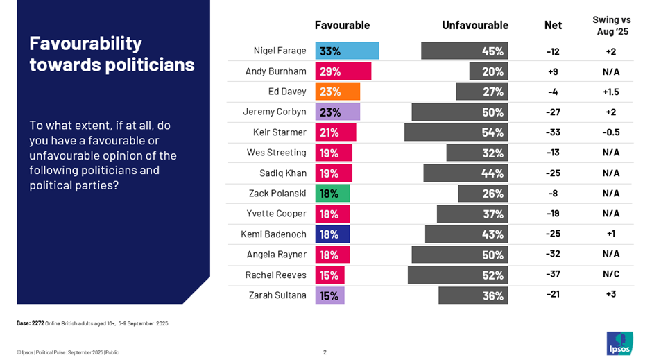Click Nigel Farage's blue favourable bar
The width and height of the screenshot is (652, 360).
(347, 51)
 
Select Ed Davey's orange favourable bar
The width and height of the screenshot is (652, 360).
(338, 92)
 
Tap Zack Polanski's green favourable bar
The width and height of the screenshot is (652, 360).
(333, 194)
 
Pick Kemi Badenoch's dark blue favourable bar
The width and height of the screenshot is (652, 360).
(333, 234)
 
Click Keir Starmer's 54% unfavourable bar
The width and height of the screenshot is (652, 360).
(456, 132)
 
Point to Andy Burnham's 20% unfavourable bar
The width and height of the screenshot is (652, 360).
(488, 71)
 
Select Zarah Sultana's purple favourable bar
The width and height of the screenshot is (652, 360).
(330, 295)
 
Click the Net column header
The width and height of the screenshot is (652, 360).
(553, 26)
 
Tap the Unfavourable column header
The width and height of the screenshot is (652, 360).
(475, 26)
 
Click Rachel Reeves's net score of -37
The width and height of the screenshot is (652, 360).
(553, 275)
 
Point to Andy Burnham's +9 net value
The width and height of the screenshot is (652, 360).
(553, 71)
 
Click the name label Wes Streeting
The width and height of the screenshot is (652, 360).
(276, 153)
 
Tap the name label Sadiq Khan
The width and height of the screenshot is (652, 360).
(281, 173)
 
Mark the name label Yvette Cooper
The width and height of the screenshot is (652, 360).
(276, 214)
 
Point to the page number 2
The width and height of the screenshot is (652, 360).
(325, 352)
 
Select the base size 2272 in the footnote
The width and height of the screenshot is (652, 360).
(38, 323)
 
